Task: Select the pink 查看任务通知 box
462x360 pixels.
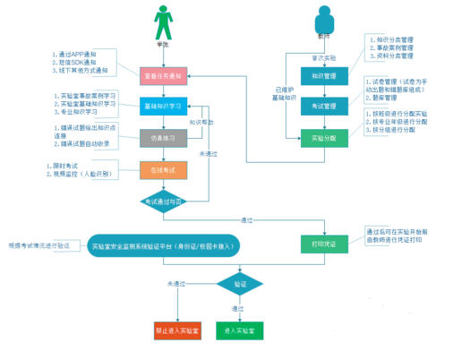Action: (x=162, y=77)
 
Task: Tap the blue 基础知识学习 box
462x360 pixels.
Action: (x=162, y=107)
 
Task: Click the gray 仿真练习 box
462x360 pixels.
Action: (x=162, y=138)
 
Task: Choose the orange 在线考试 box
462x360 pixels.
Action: (x=162, y=168)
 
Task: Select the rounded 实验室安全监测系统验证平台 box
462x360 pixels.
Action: (x=165, y=245)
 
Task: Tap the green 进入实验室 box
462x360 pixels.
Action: (x=239, y=330)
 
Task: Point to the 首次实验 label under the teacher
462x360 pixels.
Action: (x=324, y=56)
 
